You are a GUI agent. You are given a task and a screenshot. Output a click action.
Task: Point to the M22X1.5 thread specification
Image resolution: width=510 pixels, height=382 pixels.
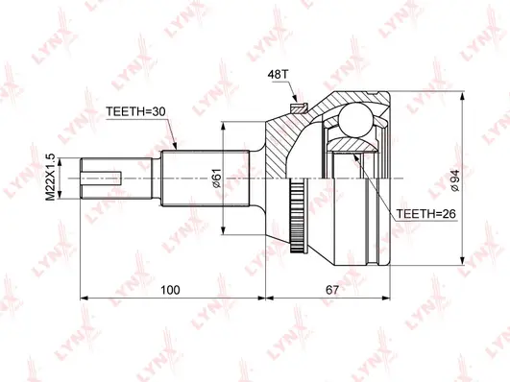pyautogui.click(x=62, y=178)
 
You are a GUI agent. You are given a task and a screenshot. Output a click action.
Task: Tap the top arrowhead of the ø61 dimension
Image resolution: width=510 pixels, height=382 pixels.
pyautogui.click(x=223, y=126)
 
